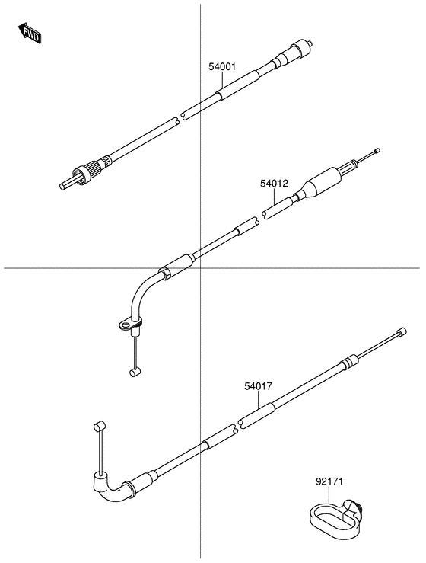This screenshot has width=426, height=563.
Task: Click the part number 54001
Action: point(222,67)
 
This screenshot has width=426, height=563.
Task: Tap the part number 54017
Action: point(258,387)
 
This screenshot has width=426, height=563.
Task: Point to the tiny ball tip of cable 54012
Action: point(377,151)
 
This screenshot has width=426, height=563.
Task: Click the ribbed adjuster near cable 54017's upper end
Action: point(348,360)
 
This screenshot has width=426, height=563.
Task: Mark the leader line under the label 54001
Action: point(222,82)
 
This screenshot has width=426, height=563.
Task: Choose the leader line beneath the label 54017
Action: point(258,402)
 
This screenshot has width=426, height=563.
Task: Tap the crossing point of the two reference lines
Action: point(200,267)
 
